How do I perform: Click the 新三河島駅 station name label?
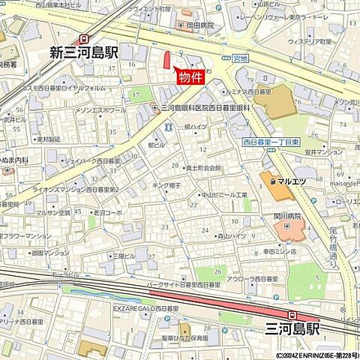[84, 52]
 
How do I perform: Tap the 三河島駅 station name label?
[292, 329]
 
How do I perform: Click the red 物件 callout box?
[188, 76]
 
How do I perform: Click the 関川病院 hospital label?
[286, 216]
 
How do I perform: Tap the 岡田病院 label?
[200, 25]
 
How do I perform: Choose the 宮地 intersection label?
[240, 58]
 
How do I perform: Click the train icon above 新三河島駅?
[84, 37]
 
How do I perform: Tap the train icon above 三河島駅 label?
[292, 315]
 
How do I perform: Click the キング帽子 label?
[167, 184]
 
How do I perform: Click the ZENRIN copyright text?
[317, 355]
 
